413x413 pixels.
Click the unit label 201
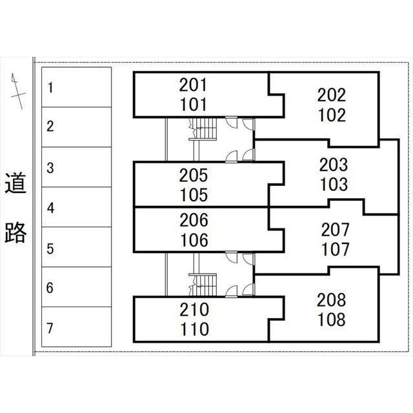tap(194, 85)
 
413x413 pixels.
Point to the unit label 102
tap(332, 116)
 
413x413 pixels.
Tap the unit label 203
tap(334, 165)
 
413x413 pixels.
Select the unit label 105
tap(194, 194)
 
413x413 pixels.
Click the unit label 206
tap(194, 221)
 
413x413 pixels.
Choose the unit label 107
tap(334, 248)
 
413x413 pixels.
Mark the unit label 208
tap(331, 299)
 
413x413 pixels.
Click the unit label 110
tap(194, 330)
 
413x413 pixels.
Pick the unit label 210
tap(194, 310)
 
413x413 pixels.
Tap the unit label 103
tap(334, 185)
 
